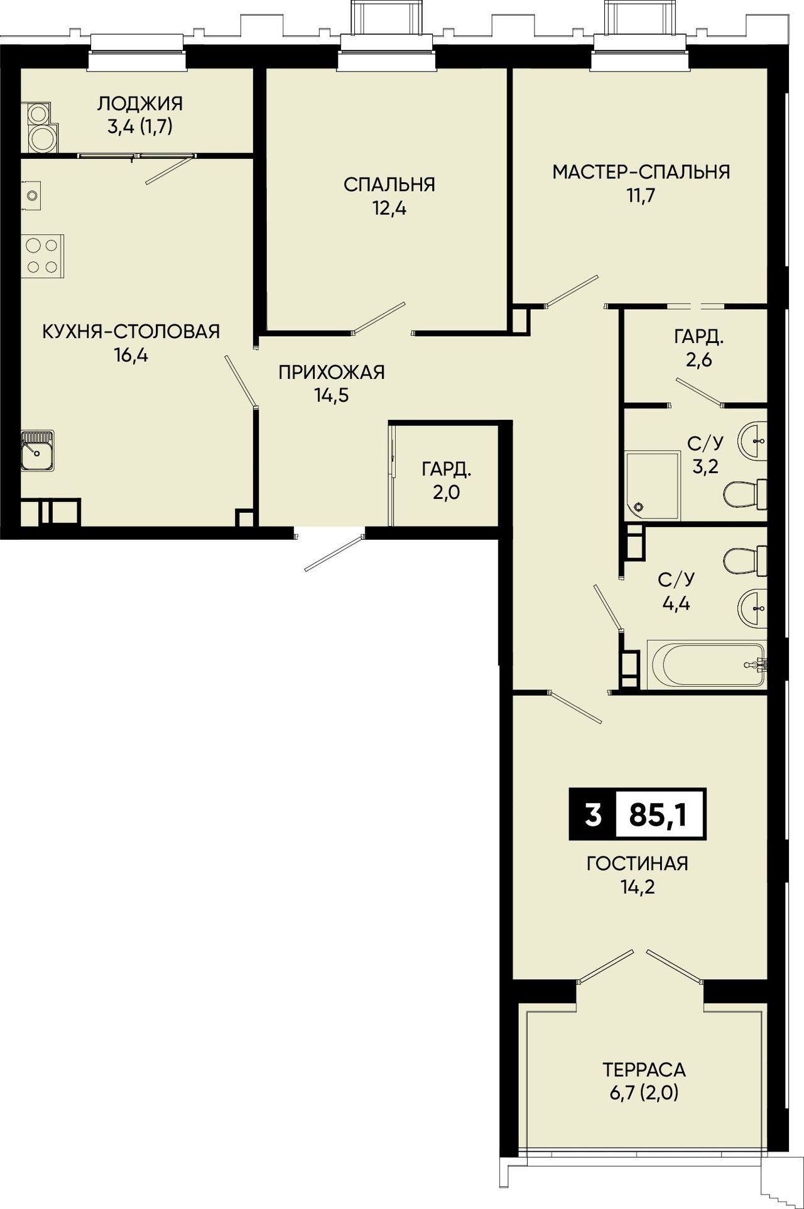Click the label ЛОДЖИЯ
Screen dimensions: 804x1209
pyautogui.click(x=140, y=103)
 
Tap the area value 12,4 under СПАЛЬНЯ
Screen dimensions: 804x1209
pyautogui.click(x=389, y=209)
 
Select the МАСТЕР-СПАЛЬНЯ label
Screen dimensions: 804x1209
pyautogui.click(x=641, y=172)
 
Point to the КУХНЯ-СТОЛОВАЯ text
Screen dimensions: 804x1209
pyautogui.click(x=131, y=331)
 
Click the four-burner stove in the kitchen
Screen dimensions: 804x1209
pyautogui.click(x=42, y=256)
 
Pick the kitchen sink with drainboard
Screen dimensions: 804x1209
pyautogui.click(x=37, y=451)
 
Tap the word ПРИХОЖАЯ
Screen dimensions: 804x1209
pyautogui.click(x=332, y=372)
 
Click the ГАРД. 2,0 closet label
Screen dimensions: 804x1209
pyautogui.click(x=447, y=481)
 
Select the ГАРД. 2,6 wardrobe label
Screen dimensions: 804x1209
pyautogui.click(x=699, y=349)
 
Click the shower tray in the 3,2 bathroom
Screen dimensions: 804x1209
pyautogui.click(x=653, y=486)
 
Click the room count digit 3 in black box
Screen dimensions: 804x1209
pyautogui.click(x=593, y=815)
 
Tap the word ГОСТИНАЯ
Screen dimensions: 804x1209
pyautogui.click(x=638, y=863)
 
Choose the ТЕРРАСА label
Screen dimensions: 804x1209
pyautogui.click(x=644, y=1069)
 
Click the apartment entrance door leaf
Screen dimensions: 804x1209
pyautogui.click(x=334, y=554)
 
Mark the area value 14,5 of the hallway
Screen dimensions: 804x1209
pyautogui.click(x=332, y=396)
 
